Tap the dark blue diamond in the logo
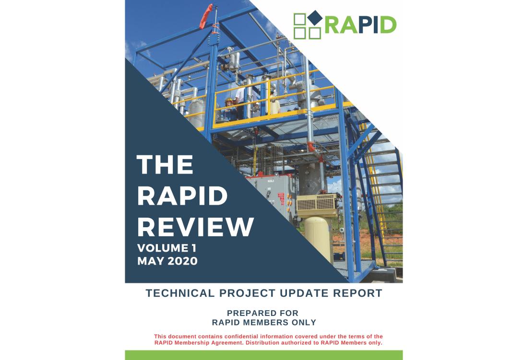tap(315, 18)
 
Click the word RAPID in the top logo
tap(360, 25)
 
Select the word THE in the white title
tap(165, 164)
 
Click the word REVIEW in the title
tap(195, 227)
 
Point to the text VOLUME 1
tap(167, 248)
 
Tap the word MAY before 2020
tap(151, 261)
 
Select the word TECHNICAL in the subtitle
tap(180, 293)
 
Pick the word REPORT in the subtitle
tap(357, 293)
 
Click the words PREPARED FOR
tap(263, 313)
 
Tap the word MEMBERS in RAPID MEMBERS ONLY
tap(268, 322)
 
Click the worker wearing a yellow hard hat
tap(229, 108)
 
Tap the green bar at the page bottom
tap(264, 355)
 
